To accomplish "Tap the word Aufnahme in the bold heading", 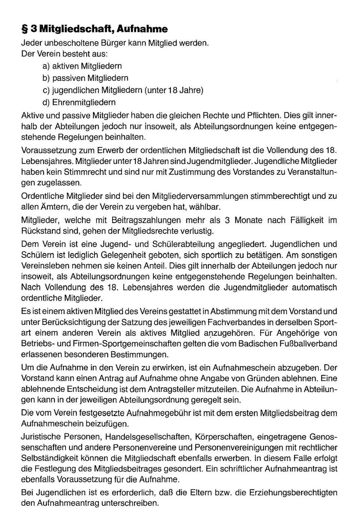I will pyautogui.click(x=144, y=29).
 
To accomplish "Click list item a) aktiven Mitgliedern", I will pyautogui.click(x=82, y=66).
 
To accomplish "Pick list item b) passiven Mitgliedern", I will pyautogui.click(x=85, y=78).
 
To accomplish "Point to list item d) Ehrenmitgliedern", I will pyautogui.click(x=79, y=102).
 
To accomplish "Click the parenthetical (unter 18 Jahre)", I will pyautogui.click(x=173, y=90).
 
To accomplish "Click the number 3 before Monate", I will pyautogui.click(x=226, y=220).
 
